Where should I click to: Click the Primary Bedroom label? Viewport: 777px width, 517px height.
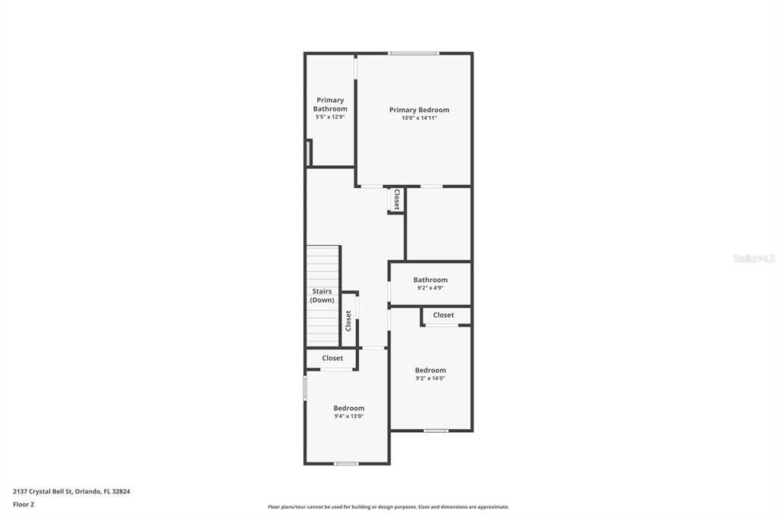[419, 110]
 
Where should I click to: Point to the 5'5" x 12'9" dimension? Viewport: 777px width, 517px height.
[330, 117]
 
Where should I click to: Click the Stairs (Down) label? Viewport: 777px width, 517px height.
[322, 296]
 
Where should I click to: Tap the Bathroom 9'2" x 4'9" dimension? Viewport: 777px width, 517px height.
[430, 288]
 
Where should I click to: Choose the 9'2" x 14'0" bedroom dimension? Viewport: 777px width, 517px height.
[430, 378]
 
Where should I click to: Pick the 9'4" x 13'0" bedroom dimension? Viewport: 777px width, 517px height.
[349, 416]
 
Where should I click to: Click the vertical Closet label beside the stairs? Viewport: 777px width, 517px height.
[348, 320]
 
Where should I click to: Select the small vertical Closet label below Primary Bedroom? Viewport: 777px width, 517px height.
[396, 199]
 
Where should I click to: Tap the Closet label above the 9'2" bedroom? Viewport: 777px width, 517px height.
[443, 315]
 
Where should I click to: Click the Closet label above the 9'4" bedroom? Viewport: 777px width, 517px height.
[332, 359]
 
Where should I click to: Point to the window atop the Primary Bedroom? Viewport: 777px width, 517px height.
[414, 53]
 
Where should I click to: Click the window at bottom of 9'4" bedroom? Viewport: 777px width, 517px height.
[346, 463]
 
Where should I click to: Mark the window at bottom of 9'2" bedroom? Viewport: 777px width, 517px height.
[436, 431]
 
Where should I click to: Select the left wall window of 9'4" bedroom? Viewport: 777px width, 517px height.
[305, 388]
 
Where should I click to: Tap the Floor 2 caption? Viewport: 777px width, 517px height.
[24, 504]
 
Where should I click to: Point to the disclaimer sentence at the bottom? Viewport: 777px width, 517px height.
[388, 507]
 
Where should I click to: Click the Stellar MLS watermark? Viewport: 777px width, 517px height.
[753, 258]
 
